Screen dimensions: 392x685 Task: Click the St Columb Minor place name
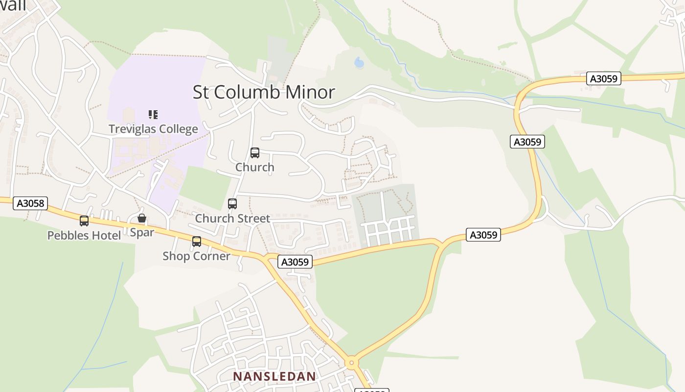pos(264,92)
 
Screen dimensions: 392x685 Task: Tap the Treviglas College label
pos(153,129)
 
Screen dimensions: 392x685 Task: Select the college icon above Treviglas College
pos(153,115)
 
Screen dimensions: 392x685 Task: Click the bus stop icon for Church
pos(255,153)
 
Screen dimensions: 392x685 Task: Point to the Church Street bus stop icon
pos(232,203)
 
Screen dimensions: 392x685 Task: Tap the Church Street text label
pos(232,219)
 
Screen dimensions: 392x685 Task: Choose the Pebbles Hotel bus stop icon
pos(84,221)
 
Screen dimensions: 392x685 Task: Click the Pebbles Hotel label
pos(84,236)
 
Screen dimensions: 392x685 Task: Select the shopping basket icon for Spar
pos(142,218)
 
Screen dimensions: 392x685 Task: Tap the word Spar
pos(142,232)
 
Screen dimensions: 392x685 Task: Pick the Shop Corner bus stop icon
pos(197,241)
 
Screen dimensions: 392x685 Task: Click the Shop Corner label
pos(196,256)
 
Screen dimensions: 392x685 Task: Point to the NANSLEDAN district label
pos(274,376)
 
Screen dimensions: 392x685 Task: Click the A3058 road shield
pos(30,203)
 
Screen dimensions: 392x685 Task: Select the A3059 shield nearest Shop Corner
pos(296,262)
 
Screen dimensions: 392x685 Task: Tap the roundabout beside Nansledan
pos(351,363)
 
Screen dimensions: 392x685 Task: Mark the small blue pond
pos(359,63)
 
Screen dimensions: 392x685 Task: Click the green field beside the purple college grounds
pos(205,186)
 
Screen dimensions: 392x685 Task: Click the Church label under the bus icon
pos(255,167)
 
